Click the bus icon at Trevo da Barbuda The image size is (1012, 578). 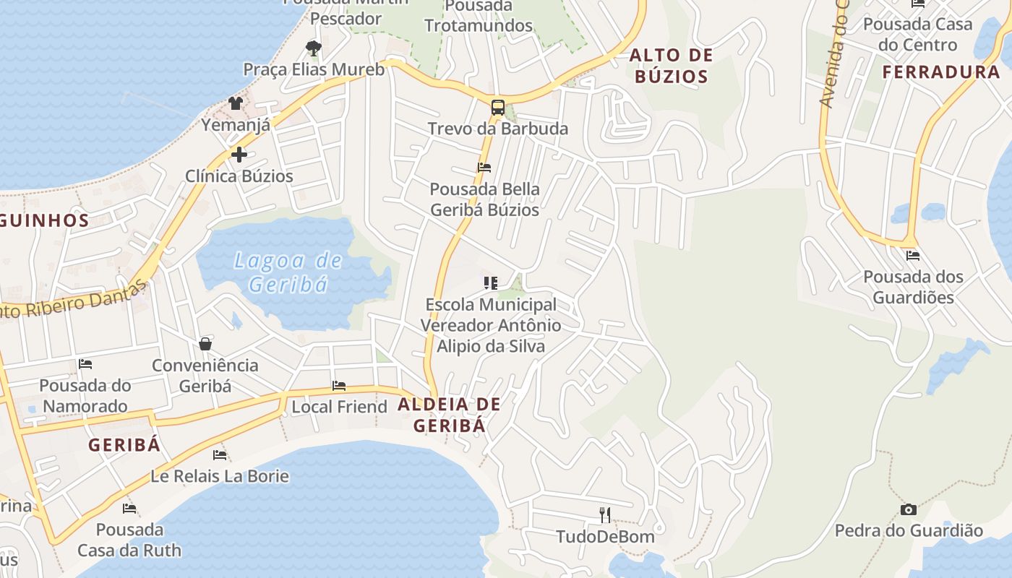(497, 108)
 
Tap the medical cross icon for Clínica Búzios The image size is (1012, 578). (239, 155)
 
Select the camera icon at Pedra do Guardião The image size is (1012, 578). (909, 510)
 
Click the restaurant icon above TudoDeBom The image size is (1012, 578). (605, 515)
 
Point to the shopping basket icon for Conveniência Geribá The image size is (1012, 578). (205, 343)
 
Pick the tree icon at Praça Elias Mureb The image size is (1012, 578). (313, 48)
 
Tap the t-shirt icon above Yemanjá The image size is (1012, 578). (236, 103)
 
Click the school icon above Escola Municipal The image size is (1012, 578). (491, 283)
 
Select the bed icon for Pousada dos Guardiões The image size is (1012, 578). (913, 255)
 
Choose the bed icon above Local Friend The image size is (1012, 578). (339, 386)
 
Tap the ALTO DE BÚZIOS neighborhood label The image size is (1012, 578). (671, 66)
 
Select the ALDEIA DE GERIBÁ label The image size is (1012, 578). (449, 415)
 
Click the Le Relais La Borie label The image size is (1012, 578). (220, 476)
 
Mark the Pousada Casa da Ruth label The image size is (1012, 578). (129, 540)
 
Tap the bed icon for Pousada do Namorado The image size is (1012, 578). (85, 364)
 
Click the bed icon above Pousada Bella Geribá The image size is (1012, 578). (484, 168)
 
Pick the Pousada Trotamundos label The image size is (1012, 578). (478, 16)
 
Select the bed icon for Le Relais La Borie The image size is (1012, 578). (220, 455)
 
